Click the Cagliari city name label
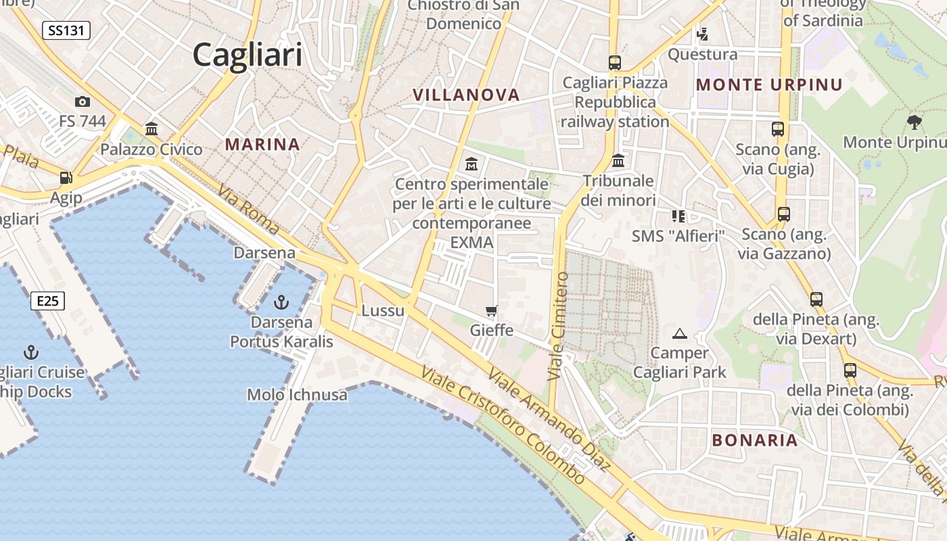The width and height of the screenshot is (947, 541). pyautogui.click(x=247, y=54)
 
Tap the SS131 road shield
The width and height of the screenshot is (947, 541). pyautogui.click(x=66, y=30)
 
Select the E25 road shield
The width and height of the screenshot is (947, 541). pyautogui.click(x=47, y=300)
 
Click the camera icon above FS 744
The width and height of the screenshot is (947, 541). pyautogui.click(x=83, y=101)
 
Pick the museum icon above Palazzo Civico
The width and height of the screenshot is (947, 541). pyautogui.click(x=152, y=128)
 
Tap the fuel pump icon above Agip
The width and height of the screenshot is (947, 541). pyautogui.click(x=66, y=178)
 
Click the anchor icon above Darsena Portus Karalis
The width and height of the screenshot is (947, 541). pyautogui.click(x=281, y=302)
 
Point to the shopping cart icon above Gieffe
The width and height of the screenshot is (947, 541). pyautogui.click(x=492, y=311)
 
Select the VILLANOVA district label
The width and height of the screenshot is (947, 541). pyautogui.click(x=466, y=95)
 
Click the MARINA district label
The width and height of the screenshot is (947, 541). pyautogui.click(x=262, y=144)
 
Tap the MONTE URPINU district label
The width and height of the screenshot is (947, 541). pyautogui.click(x=769, y=85)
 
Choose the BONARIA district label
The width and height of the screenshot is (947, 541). pyautogui.click(x=755, y=440)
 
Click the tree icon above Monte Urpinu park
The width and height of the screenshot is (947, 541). pyautogui.click(x=914, y=122)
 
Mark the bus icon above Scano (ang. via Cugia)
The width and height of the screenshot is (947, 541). pyautogui.click(x=778, y=128)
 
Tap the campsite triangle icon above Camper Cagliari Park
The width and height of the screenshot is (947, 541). pyautogui.click(x=680, y=333)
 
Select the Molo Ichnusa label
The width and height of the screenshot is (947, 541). pyautogui.click(x=297, y=394)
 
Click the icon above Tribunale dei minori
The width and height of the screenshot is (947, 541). pyautogui.click(x=618, y=161)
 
